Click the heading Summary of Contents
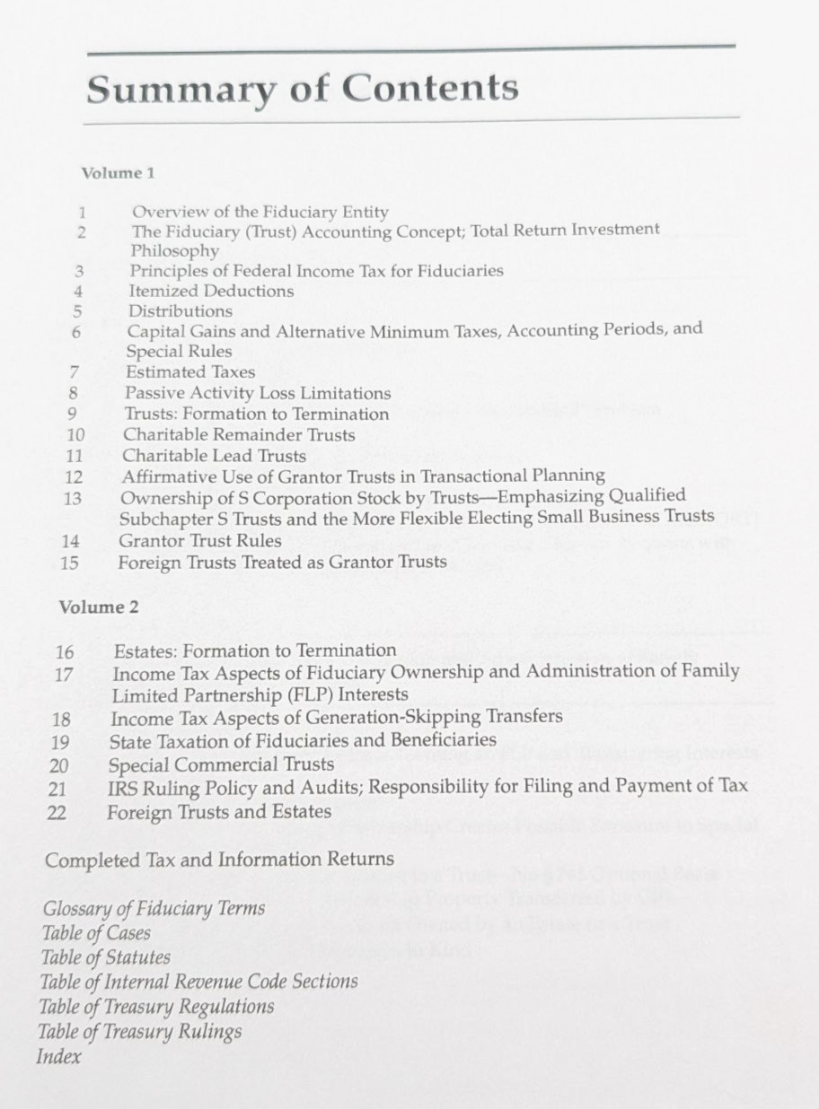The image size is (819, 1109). tap(302, 89)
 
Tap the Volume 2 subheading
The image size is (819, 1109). tap(99, 607)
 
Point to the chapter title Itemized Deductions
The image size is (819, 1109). tap(211, 291)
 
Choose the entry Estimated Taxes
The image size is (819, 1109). tap(190, 372)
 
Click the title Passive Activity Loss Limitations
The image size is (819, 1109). tap(258, 393)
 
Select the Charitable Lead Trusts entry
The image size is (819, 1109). tap(215, 455)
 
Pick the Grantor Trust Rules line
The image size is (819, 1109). tap(200, 541)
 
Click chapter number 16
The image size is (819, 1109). tap(66, 652)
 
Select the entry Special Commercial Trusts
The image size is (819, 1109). tap(221, 765)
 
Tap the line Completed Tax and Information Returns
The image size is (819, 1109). tap(219, 860)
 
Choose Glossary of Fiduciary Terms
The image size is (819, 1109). tap(154, 909)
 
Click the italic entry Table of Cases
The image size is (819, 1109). tap(96, 933)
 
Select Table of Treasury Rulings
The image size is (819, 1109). tap(139, 1031)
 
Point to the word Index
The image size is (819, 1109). tap(58, 1056)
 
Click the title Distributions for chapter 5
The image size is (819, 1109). tap(181, 311)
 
